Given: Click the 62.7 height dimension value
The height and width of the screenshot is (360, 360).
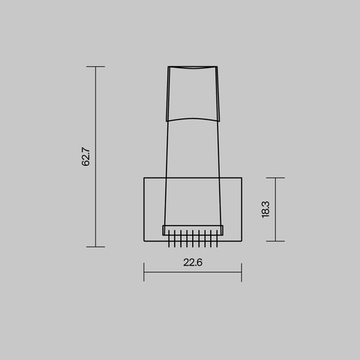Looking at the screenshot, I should click(86, 156).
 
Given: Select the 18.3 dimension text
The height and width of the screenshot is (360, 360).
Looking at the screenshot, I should click(265, 209).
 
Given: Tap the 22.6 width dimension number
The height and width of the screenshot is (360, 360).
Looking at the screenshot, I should click(193, 262).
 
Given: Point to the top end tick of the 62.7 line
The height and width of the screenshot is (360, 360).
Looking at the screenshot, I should click(95, 67).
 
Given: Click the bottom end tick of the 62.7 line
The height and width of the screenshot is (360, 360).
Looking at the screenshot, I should click(95, 246).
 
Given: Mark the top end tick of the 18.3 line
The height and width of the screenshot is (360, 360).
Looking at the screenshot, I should click(275, 178).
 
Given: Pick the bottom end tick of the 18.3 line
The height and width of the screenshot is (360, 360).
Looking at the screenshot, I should click(275, 241).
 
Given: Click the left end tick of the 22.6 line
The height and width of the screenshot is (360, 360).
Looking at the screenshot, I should click(143, 271).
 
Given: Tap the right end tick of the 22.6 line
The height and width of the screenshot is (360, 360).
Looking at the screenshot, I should click(241, 271).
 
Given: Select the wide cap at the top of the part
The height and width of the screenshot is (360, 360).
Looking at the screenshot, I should click(193, 94).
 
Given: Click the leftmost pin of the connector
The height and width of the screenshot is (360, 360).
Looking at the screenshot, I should click(169, 241).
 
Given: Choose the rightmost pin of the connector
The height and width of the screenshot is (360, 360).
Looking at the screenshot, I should click(217, 241).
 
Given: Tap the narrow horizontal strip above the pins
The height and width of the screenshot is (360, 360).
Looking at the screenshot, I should click(193, 229).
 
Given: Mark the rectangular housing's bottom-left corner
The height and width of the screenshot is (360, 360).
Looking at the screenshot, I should click(143, 241).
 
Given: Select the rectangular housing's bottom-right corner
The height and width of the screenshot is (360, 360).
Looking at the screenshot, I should click(241, 241).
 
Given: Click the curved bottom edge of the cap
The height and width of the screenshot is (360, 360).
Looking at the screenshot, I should click(193, 118).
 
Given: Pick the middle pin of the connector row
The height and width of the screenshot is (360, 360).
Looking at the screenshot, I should click(193, 241).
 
